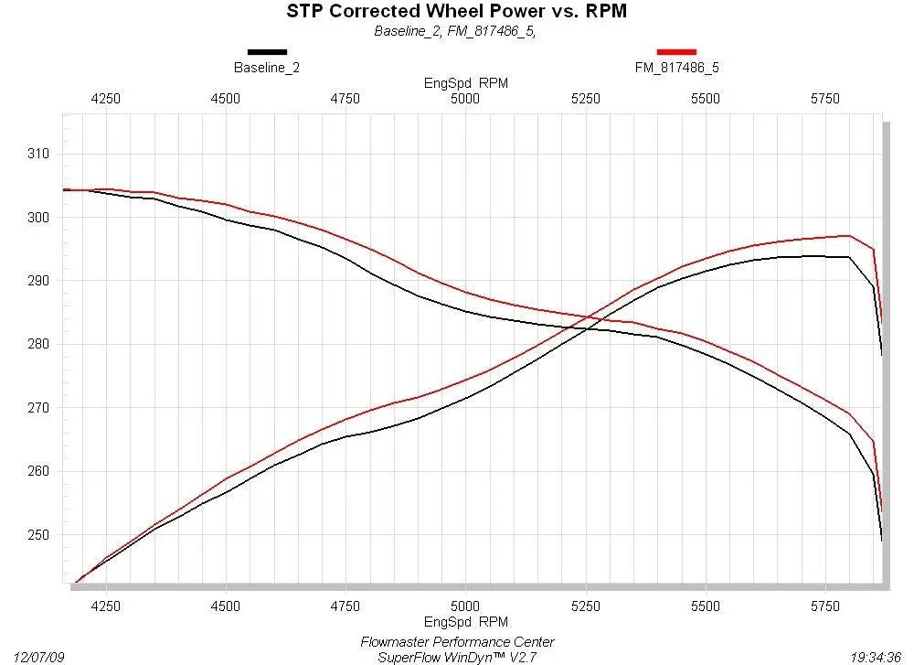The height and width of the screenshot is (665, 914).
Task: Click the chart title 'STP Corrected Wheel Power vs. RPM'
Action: click(x=456, y=11)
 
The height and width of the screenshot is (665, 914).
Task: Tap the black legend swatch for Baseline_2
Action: click(x=268, y=52)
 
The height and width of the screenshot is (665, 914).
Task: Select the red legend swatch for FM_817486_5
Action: click(x=676, y=52)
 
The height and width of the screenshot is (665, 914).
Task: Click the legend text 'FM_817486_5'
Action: click(x=676, y=68)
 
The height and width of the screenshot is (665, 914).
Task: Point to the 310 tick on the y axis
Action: click(x=38, y=154)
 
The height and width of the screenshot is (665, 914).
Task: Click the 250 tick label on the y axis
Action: click(x=38, y=535)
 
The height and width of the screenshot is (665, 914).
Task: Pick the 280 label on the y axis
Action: click(x=38, y=344)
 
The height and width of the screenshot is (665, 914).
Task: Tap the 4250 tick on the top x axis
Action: click(x=105, y=99)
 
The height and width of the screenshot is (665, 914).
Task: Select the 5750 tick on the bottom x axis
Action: click(x=825, y=606)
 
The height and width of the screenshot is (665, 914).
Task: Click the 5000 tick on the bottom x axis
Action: click(x=465, y=606)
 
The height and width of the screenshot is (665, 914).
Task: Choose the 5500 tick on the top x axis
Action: click(x=706, y=99)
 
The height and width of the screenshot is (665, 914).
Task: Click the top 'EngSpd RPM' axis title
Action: click(x=466, y=83)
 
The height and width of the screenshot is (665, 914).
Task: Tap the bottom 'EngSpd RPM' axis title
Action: click(x=466, y=622)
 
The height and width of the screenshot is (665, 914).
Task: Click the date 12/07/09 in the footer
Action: click(x=38, y=658)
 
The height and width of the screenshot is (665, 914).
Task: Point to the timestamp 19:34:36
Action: click(x=877, y=658)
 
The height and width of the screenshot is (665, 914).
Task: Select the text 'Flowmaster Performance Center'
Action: click(x=458, y=642)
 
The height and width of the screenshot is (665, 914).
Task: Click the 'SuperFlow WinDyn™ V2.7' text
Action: click(x=458, y=658)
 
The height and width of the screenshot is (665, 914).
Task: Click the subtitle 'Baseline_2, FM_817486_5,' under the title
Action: click(x=455, y=31)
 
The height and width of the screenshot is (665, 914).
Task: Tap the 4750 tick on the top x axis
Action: click(x=345, y=99)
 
